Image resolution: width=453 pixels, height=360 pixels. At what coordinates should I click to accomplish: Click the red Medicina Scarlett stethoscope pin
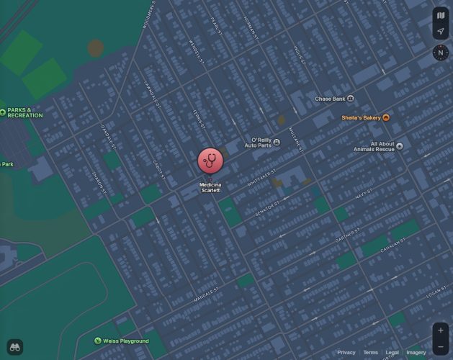click(210, 161)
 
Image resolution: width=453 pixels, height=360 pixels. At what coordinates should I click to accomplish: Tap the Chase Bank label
click(331, 99)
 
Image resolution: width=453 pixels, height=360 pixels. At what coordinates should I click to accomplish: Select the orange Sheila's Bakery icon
click(387, 117)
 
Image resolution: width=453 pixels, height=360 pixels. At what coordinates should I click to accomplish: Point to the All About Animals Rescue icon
click(400, 145)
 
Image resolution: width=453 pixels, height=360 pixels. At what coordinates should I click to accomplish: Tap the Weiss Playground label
click(126, 341)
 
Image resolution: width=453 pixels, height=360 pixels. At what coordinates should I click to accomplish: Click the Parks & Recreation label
click(25, 112)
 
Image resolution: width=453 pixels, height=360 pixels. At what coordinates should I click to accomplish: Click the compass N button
click(440, 53)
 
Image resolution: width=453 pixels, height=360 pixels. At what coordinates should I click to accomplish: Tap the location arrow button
click(440, 32)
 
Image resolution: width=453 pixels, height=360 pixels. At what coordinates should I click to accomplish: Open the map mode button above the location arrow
click(440, 15)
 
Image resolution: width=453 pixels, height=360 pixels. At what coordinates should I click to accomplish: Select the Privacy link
click(346, 353)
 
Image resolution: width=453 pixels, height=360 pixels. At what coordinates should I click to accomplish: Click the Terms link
click(370, 353)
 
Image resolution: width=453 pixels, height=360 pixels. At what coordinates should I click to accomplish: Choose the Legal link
click(392, 353)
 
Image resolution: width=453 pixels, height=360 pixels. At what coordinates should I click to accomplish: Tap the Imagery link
click(416, 353)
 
